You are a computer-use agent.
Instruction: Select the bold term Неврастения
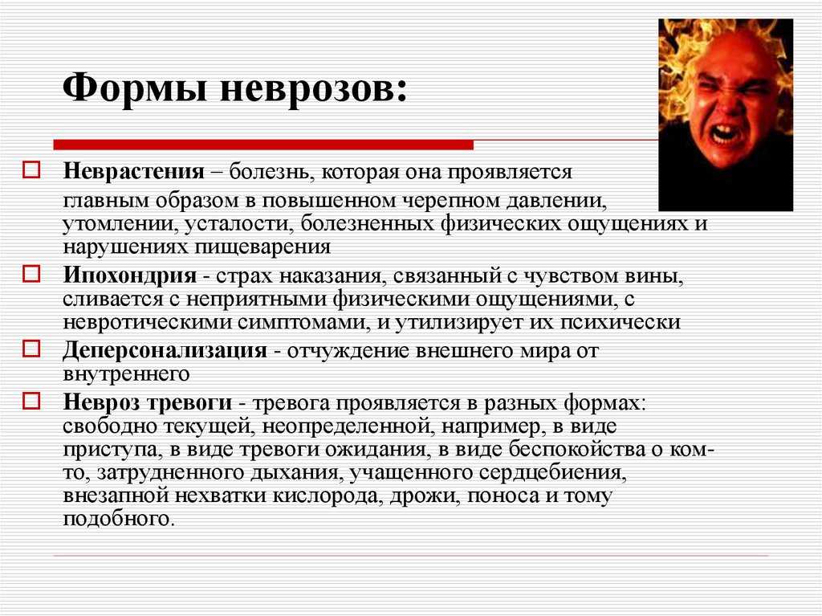[134, 172]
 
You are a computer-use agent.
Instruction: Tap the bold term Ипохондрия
[130, 275]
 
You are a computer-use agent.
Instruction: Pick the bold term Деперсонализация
[165, 350]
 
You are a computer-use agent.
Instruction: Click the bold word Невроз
[100, 402]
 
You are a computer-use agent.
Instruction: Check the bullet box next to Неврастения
[31, 170]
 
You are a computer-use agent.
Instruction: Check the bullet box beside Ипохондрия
[31, 274]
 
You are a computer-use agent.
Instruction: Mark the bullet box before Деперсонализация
[31, 349]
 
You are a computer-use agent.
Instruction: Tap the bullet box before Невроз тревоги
[31, 401]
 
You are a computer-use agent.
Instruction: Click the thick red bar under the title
[263, 145]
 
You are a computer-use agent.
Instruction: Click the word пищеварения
[262, 247]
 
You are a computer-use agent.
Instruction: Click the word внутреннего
[126, 374]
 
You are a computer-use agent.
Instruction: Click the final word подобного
[117, 520]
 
